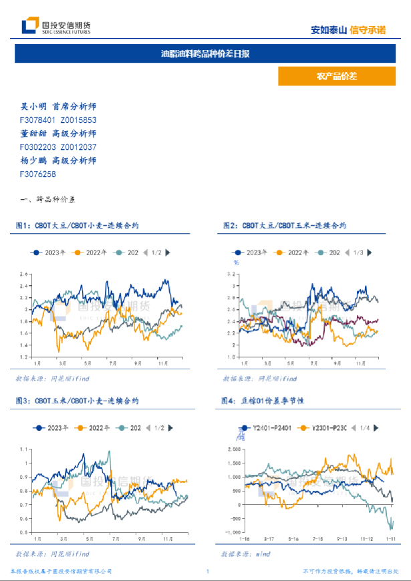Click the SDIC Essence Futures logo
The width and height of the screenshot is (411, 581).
[x=56, y=27]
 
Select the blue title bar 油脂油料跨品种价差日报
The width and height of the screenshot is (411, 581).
[x=205, y=53]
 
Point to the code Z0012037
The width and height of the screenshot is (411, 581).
[x=78, y=147]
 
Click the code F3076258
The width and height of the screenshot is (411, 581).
[x=38, y=174]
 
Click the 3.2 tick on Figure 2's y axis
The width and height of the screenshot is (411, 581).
[x=234, y=274]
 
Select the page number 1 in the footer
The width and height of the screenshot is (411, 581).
[x=208, y=572]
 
